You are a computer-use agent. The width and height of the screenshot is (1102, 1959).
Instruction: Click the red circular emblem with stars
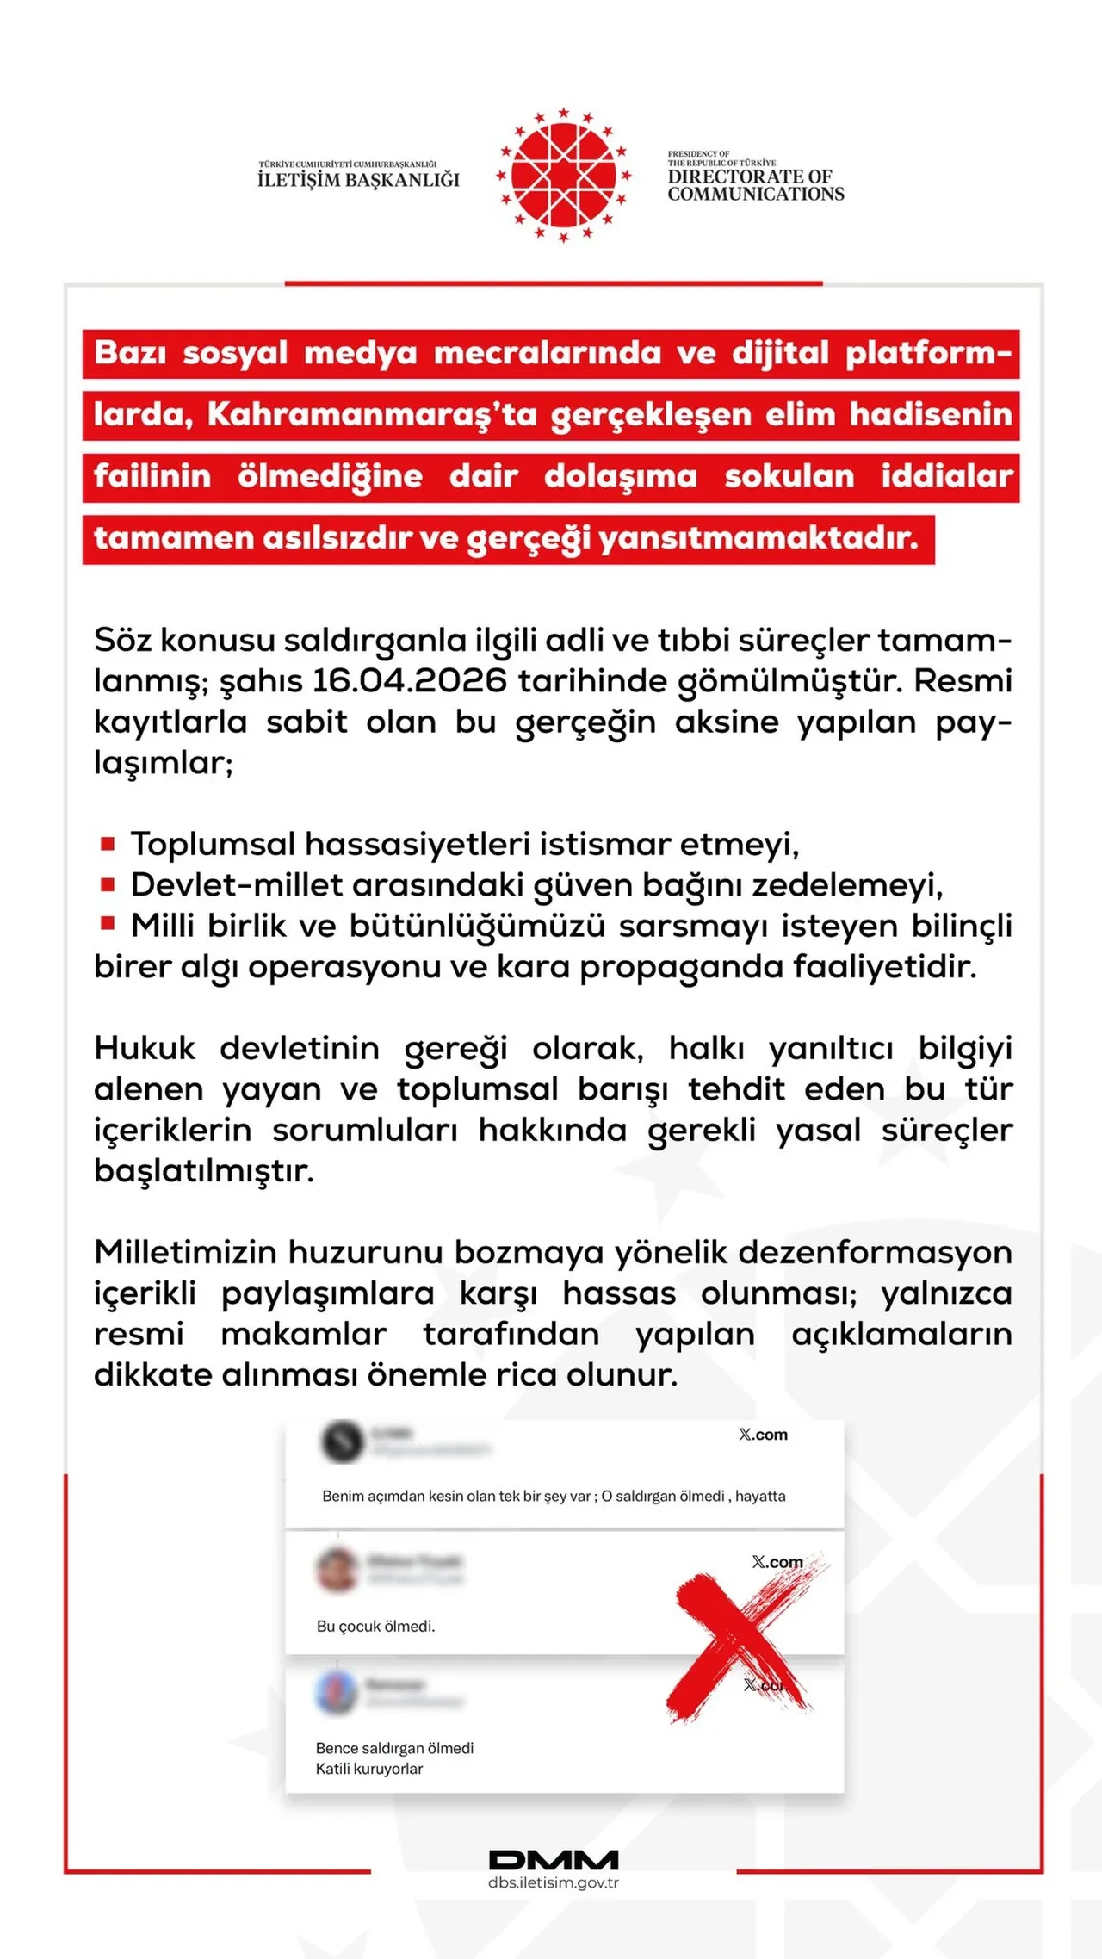pos(564,175)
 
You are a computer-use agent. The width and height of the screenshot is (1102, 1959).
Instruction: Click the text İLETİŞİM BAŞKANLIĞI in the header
pos(358,179)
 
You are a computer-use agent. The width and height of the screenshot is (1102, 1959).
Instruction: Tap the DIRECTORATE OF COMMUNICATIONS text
pos(755,185)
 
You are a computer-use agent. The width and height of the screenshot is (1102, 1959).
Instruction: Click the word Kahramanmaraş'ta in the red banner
pos(372,415)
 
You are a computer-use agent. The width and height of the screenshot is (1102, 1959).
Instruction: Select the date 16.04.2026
pos(410,681)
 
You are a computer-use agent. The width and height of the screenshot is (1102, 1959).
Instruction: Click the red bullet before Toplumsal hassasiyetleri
pos(108,843)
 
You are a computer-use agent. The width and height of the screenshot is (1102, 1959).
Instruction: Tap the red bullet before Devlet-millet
pos(108,883)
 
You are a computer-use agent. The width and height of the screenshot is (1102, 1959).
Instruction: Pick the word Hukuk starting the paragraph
pos(145,1049)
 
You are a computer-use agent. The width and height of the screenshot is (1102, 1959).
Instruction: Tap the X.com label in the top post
pos(763,1435)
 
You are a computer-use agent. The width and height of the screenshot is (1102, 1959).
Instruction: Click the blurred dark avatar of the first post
pos(342,1441)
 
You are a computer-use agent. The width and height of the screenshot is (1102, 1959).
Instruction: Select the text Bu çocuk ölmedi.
pos(375,1627)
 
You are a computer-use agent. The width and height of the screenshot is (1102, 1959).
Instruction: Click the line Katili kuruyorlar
pos(368,1769)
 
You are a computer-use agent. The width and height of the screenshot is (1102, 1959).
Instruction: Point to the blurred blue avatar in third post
pos(337,1692)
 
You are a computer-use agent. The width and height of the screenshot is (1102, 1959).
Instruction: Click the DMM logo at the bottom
pos(554,1859)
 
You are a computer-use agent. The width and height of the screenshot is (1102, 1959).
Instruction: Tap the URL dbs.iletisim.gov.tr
pos(554,1882)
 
